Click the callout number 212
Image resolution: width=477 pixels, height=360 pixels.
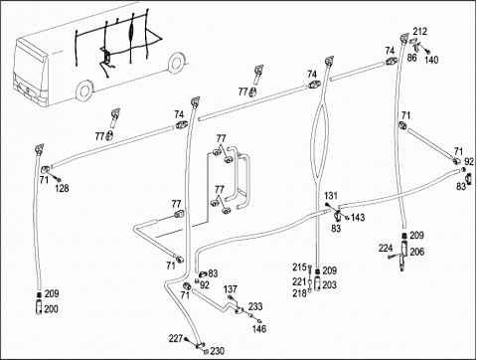(420, 32)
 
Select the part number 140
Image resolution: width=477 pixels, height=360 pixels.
(431, 60)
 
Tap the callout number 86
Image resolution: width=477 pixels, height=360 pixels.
(411, 58)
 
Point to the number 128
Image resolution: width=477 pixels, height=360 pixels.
(62, 189)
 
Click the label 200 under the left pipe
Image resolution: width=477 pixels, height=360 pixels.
(51, 309)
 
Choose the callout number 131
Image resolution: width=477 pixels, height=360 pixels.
(331, 196)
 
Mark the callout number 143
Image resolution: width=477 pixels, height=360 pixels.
(358, 218)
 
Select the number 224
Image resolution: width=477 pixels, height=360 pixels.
(386, 248)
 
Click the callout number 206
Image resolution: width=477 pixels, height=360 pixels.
(417, 252)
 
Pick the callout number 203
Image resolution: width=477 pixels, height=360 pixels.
(329, 285)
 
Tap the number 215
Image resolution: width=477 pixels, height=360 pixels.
(299, 268)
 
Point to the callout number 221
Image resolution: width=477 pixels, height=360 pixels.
(299, 281)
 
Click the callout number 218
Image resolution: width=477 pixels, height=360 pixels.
(299, 293)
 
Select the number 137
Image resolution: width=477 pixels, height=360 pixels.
(231, 289)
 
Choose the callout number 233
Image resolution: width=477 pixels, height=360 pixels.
(255, 306)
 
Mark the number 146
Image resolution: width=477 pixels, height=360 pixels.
(259, 329)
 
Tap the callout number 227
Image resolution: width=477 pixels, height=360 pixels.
(176, 339)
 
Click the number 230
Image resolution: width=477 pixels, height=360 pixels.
(218, 351)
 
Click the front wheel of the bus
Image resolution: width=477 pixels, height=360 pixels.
(84, 90)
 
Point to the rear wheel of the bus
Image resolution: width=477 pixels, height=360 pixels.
(176, 63)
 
